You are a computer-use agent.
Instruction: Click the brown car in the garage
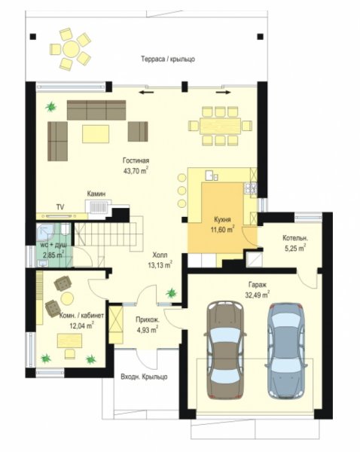225,350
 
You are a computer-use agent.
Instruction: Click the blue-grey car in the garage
285,350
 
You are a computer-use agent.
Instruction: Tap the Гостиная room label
136,160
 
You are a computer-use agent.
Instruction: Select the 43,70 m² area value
136,171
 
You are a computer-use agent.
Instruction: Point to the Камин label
96,194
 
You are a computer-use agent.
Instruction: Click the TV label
60,207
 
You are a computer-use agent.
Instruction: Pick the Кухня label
222,220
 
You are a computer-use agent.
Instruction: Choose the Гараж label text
258,285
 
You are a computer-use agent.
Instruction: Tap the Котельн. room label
295,238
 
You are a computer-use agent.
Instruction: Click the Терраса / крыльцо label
168,59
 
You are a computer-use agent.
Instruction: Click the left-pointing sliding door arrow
146,93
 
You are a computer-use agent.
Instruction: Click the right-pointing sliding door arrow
224,93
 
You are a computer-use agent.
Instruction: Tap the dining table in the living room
220,126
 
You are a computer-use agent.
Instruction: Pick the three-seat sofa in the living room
96,110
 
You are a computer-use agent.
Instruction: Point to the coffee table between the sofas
96,134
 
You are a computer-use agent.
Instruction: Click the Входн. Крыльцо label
144,377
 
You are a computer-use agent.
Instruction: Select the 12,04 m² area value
81,325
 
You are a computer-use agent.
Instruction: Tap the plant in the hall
171,293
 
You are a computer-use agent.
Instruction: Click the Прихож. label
148,319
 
